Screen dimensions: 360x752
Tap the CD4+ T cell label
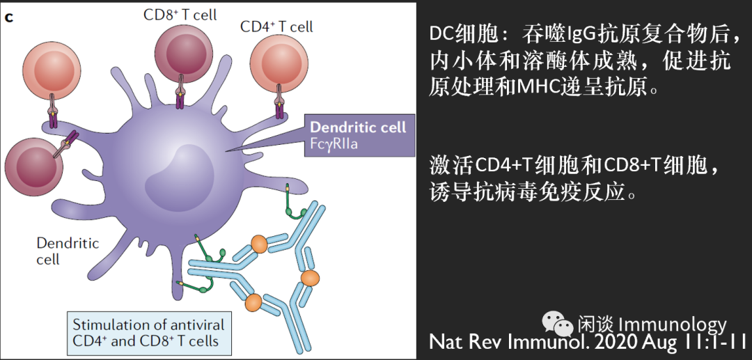(x=276, y=26)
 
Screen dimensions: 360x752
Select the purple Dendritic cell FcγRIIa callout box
(x=358, y=135)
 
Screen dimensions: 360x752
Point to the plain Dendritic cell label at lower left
(x=68, y=251)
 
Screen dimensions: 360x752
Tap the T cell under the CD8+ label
(x=180, y=56)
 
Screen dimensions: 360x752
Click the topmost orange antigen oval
(x=259, y=244)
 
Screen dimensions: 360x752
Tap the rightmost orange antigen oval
(x=310, y=277)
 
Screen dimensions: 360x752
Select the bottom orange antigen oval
(x=253, y=302)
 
